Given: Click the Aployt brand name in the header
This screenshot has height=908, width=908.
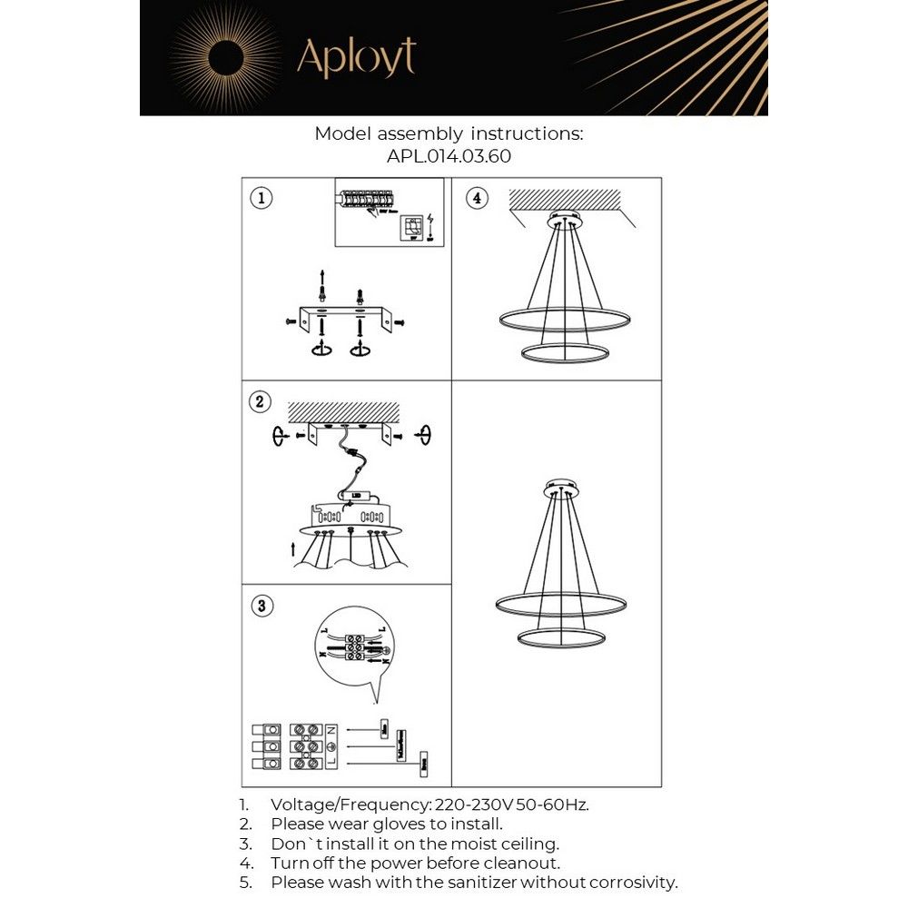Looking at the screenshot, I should coord(356,58).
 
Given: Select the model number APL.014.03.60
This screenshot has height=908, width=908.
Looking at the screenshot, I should coord(449,156).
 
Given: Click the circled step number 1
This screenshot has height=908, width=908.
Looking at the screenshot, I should coord(262,198).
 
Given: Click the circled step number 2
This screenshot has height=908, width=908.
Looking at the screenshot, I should coord(262,402).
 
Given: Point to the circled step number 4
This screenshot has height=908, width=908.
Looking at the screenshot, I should coord(476,198).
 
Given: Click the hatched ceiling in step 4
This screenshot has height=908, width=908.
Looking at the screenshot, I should coord(564,198).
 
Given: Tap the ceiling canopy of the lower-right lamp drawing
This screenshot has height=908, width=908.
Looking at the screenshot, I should coord(564,489).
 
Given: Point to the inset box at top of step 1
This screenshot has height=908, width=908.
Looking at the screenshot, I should coord(389,212).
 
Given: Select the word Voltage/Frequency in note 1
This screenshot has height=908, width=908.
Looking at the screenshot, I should coord(351,804).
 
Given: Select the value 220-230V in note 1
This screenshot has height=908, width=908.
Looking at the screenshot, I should coord(474,804).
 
